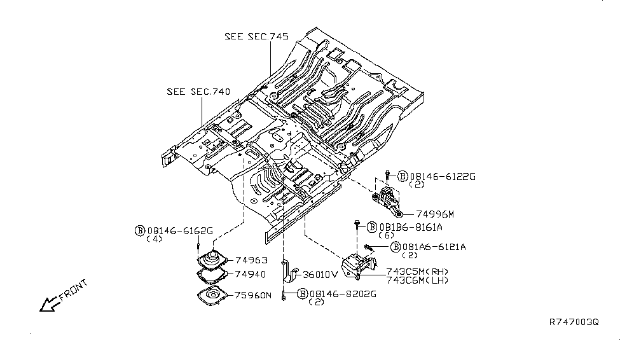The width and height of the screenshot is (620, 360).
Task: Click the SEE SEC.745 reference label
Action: (257, 36)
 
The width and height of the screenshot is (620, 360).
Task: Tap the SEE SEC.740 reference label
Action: (198, 92)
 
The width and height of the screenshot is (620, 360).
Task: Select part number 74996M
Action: (435, 214)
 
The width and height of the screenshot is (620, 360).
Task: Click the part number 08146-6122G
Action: (443, 176)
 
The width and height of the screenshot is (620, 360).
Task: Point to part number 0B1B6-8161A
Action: (411, 227)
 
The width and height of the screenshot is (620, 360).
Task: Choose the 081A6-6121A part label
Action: (434, 247)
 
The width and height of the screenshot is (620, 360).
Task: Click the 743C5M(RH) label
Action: (417, 272)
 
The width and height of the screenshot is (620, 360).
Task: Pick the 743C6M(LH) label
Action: (417, 280)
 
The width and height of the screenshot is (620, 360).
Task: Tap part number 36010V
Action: (320, 275)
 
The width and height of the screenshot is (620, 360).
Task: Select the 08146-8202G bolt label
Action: (343, 294)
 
